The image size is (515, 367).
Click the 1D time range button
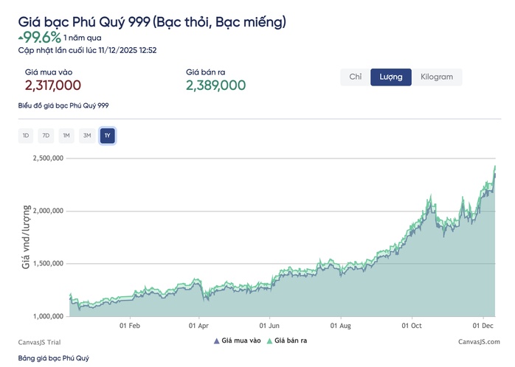point(26,135)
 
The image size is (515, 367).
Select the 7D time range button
point(46,135)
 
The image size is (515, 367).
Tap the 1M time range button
point(66,135)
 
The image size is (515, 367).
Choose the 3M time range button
point(87,135)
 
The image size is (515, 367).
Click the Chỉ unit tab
point(355,77)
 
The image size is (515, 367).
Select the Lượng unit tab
point(391,77)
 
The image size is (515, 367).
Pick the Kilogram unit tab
point(437,77)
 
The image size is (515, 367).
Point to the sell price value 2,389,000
point(215,85)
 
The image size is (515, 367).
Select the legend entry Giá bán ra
point(284,340)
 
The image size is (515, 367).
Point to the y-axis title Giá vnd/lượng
point(26,237)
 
